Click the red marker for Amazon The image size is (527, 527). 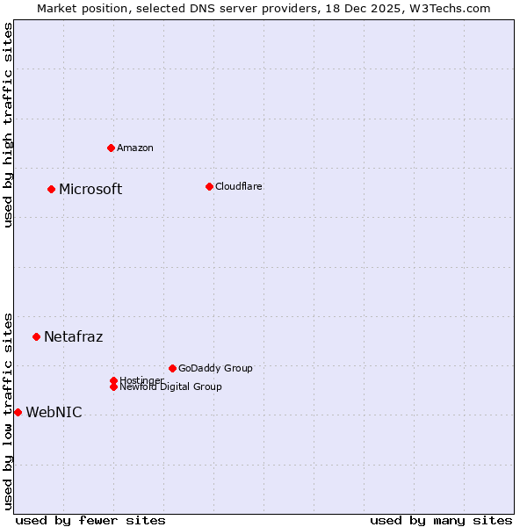pyautogui.click(x=111, y=148)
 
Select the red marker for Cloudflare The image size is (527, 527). pyautogui.click(x=209, y=186)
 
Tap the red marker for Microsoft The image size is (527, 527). pyautogui.click(x=52, y=189)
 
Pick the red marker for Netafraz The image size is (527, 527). pyautogui.click(x=36, y=336)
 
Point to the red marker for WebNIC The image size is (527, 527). pyautogui.click(x=18, y=412)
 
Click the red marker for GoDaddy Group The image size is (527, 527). pyautogui.click(x=172, y=368)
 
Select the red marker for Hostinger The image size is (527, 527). pyautogui.click(x=113, y=380)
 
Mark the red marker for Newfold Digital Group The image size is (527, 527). pyautogui.click(x=113, y=386)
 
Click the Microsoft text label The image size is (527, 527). pyautogui.click(x=90, y=189)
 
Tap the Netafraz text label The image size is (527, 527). pyautogui.click(x=73, y=336)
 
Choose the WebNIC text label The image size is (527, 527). pyautogui.click(x=54, y=412)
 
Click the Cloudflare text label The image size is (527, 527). pyautogui.click(x=238, y=186)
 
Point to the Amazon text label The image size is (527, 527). pyautogui.click(x=134, y=148)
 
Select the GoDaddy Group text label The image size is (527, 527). pyautogui.click(x=215, y=368)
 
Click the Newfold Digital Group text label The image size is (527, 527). pyautogui.click(x=171, y=387)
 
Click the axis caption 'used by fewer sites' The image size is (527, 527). pyautogui.click(x=90, y=520)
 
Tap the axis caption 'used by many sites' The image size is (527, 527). pyautogui.click(x=441, y=520)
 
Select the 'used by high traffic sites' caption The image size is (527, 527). pyautogui.click(x=8, y=125)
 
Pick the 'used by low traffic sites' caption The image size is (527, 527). pyautogui.click(x=8, y=410)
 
